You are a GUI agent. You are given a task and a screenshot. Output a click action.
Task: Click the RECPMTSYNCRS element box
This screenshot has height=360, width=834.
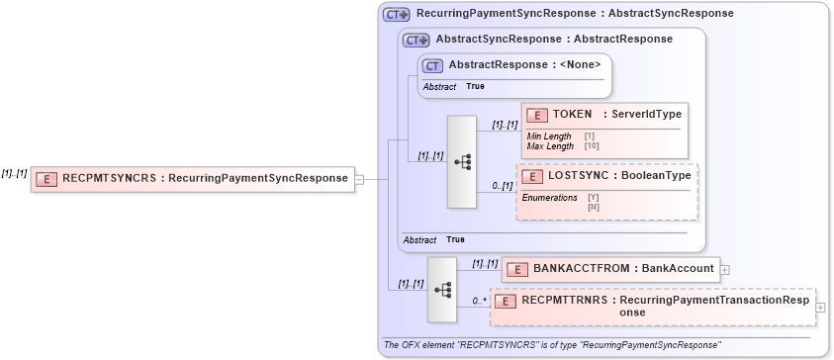192,179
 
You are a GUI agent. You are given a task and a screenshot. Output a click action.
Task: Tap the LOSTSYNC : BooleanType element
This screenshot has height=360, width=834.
607,176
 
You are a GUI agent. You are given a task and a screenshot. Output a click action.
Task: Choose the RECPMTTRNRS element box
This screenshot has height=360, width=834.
652,306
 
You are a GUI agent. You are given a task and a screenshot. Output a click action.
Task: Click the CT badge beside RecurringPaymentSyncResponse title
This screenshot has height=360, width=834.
397,14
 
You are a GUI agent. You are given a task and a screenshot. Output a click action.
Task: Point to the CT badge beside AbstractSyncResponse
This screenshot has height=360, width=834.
416,40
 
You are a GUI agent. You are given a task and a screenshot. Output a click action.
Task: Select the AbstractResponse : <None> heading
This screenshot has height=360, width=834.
524,65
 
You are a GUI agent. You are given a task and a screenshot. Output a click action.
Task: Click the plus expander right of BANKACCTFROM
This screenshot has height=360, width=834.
725,268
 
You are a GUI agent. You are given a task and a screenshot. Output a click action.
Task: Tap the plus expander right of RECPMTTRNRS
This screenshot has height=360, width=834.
819,307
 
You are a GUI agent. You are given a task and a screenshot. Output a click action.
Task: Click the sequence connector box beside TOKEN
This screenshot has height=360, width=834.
462,162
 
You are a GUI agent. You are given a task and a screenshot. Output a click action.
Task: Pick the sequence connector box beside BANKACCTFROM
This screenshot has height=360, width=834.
441,289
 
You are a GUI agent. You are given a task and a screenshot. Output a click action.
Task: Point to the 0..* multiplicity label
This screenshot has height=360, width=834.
479,301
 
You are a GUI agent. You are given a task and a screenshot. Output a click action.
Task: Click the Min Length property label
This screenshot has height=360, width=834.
549,135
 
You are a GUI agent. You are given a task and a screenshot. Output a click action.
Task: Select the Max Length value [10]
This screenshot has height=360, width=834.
592,146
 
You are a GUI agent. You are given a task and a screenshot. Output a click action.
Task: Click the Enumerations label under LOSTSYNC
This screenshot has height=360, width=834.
549,198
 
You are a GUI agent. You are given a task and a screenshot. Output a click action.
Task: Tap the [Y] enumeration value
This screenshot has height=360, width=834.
594,198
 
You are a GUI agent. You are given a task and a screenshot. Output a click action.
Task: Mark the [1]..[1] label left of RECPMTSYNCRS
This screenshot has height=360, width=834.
14,173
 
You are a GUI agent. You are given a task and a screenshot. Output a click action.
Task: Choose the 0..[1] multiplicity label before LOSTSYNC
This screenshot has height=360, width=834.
502,186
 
